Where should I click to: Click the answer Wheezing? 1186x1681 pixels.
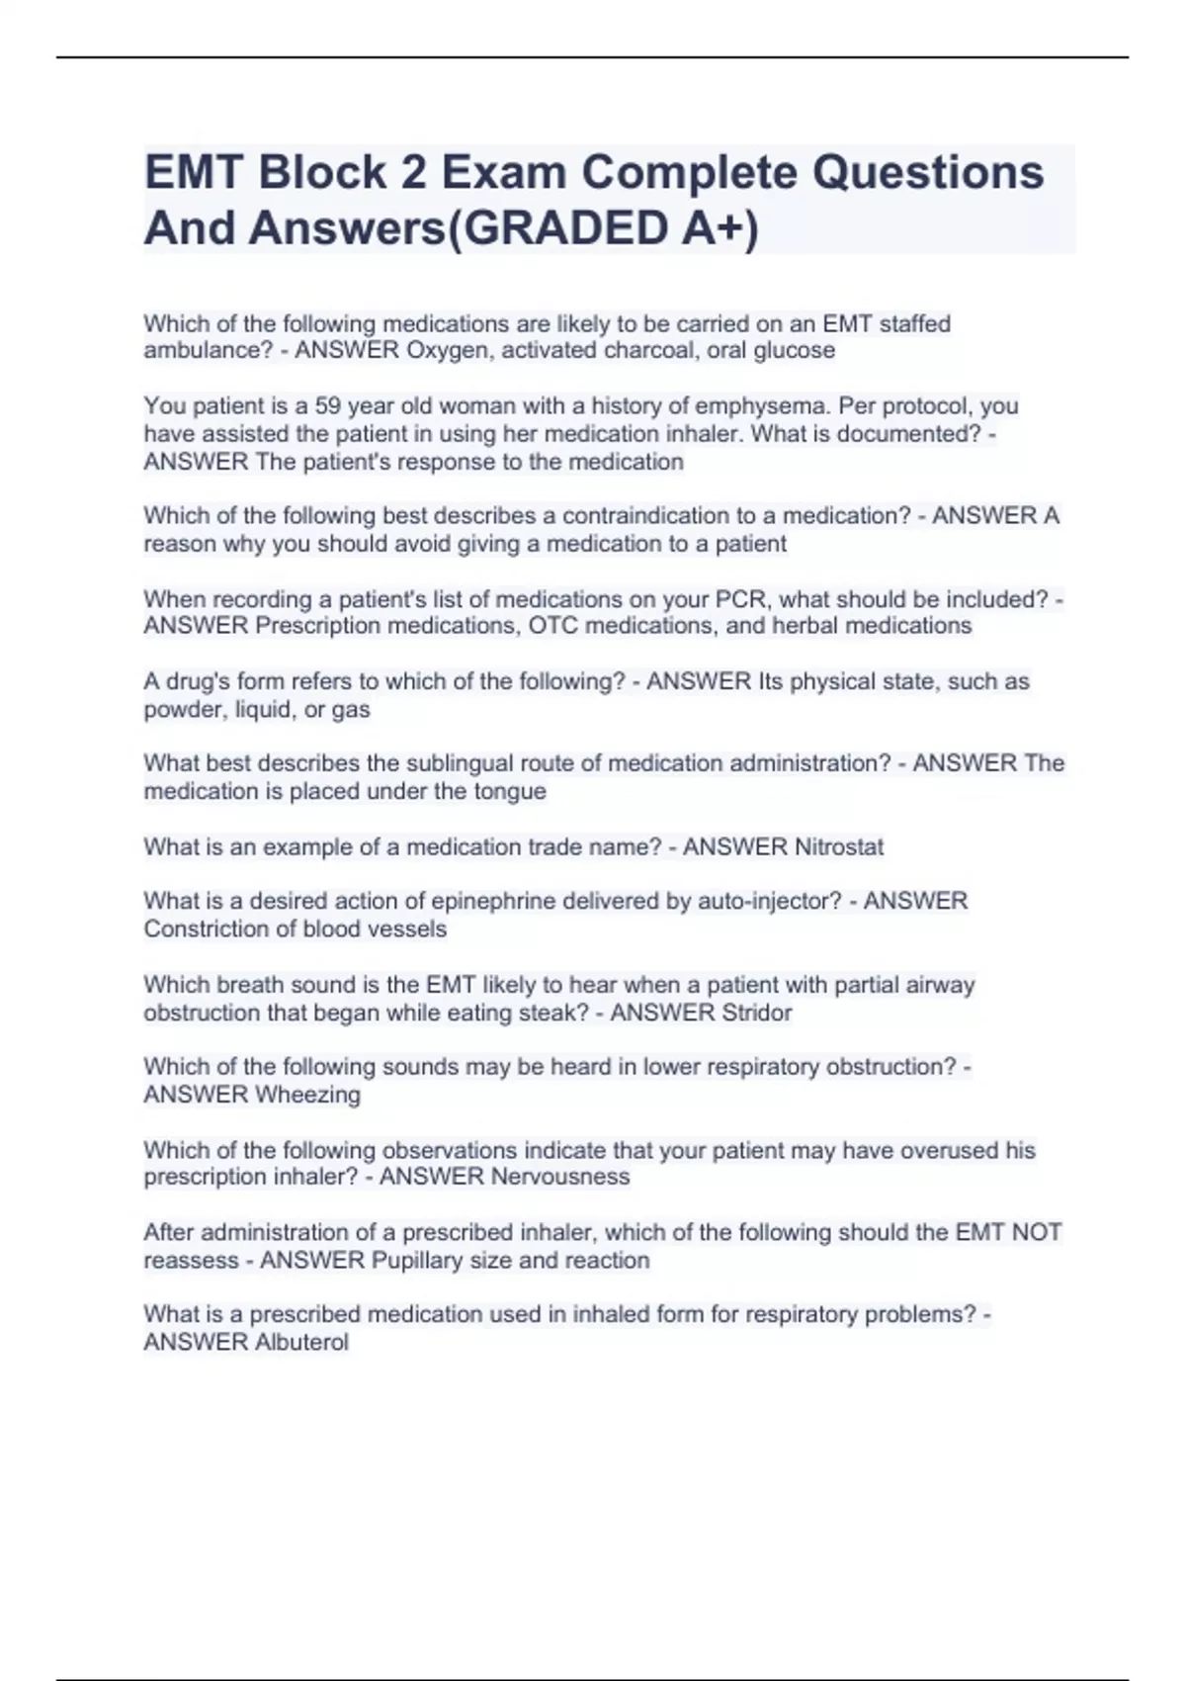click(x=307, y=1095)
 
